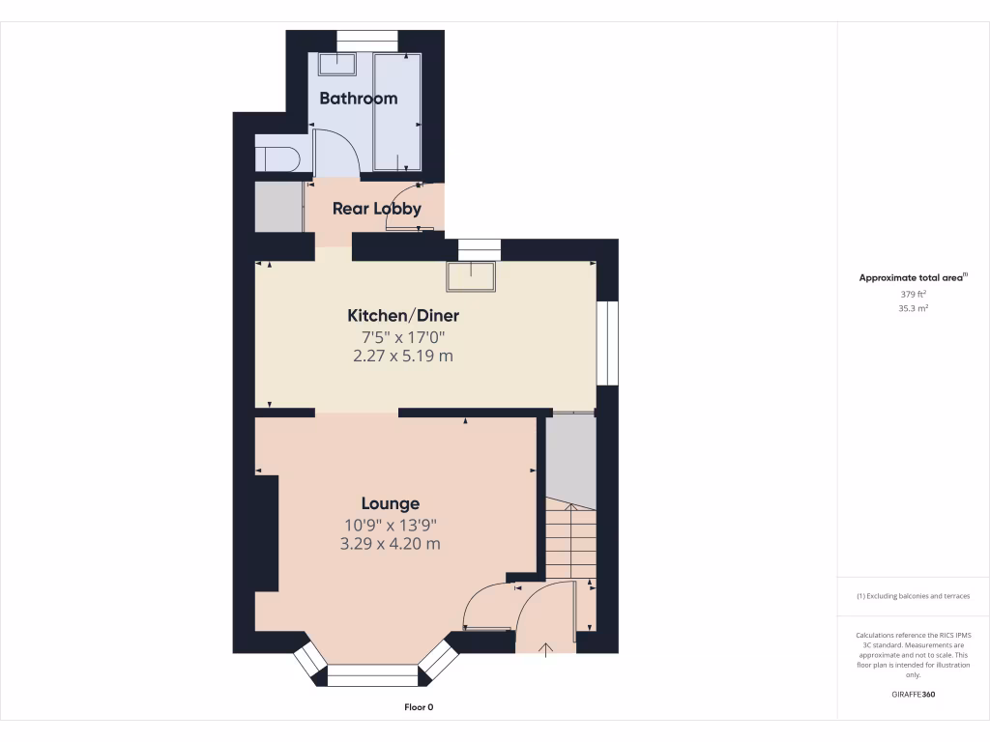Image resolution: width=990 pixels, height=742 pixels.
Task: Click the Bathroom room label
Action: pos(358,99)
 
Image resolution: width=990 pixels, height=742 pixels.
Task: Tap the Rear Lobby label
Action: pos(376,209)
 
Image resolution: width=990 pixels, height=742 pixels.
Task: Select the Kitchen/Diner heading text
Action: pos(403,316)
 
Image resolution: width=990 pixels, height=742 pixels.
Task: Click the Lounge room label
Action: pos(391,503)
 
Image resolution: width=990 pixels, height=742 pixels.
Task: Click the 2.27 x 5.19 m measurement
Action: pos(403,356)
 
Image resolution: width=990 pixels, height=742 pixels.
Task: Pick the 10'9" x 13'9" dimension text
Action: pos(391,525)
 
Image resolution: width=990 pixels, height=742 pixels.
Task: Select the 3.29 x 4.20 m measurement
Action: pos(391,544)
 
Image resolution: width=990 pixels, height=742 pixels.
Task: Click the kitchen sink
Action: pos(471,276)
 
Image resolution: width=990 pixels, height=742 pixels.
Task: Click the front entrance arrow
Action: pos(547,649)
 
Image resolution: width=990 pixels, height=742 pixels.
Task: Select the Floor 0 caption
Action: pos(419,707)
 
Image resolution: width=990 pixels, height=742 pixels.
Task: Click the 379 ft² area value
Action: pos(914,294)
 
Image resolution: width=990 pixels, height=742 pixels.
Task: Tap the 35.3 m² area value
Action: pos(914,309)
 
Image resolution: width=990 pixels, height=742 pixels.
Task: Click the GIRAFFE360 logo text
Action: pos(914,695)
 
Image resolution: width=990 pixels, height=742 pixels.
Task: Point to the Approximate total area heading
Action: pos(913,277)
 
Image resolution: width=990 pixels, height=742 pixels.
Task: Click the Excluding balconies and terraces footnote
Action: pos(914,596)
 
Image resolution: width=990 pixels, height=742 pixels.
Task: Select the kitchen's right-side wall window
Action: pos(606,343)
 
